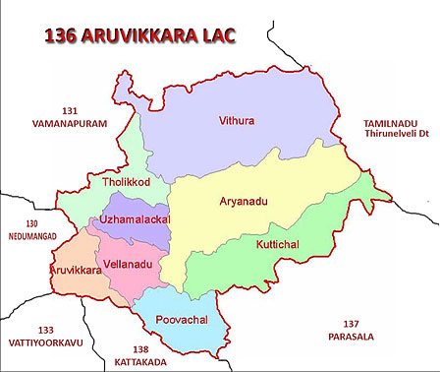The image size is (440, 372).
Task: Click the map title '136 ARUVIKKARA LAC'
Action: tap(141, 37)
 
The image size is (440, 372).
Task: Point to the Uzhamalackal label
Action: tap(135, 217)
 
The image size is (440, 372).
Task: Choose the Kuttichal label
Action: tap(276, 244)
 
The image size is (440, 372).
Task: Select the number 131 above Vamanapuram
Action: tap(69, 110)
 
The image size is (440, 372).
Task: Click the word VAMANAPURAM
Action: tap(69, 124)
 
